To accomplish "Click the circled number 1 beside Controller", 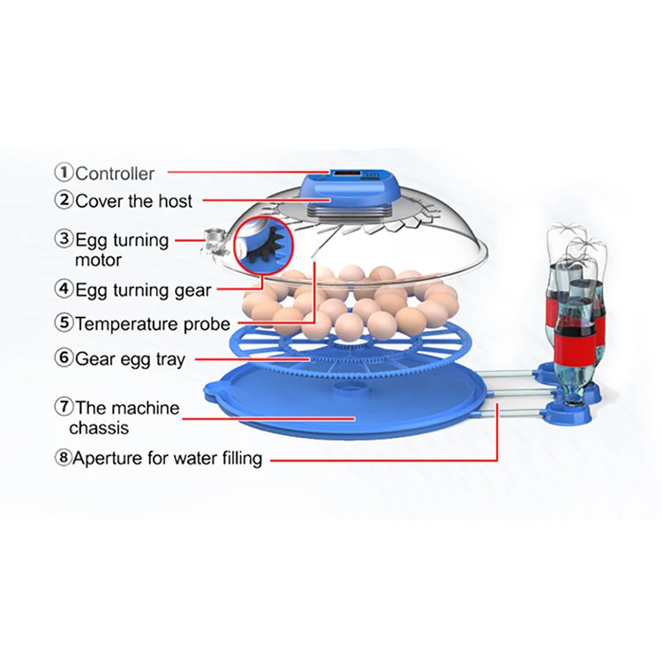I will [x=64, y=173].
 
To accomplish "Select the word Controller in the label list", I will [x=114, y=174].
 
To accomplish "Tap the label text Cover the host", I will [x=133, y=199].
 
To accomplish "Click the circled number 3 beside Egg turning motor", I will [x=64, y=238].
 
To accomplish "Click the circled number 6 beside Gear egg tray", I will [x=64, y=358].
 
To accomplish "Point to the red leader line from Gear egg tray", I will [x=252, y=359].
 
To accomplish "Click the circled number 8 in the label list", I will [x=64, y=459].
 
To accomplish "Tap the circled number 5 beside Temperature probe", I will [x=64, y=323].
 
